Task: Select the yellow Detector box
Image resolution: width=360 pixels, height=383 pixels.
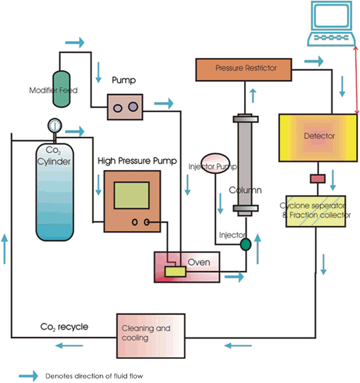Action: coord(318,137)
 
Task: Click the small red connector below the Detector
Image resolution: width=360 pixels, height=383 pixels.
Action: coord(318,178)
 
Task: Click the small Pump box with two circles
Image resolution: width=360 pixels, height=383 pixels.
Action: coord(125,105)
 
